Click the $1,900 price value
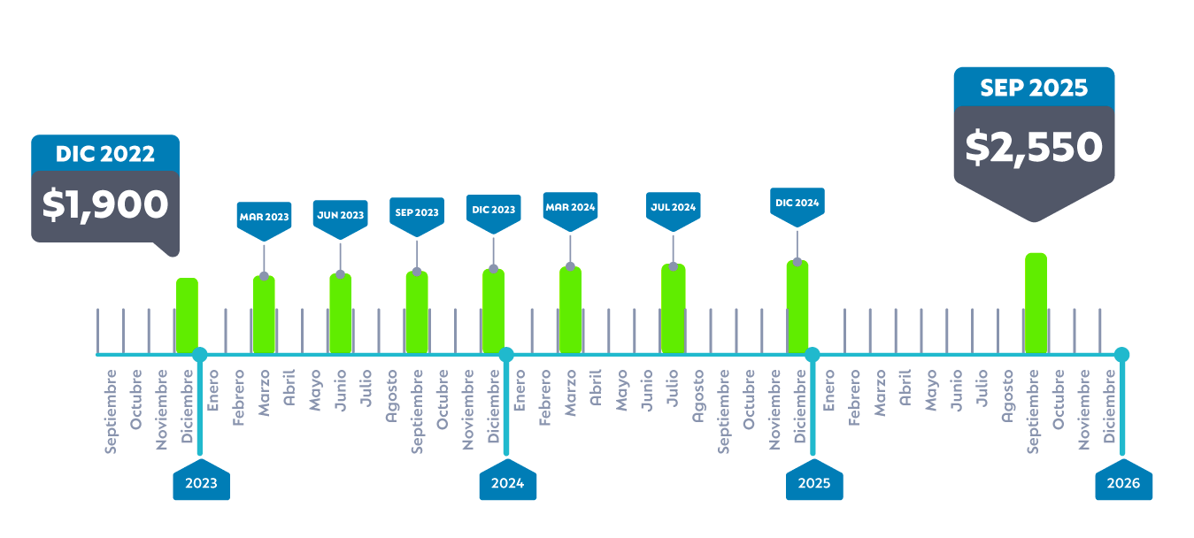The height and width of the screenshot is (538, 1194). [105, 204]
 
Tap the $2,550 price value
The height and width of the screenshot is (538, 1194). [1034, 147]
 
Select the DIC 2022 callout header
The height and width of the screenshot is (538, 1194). [105, 154]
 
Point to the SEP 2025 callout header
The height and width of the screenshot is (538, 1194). [1034, 88]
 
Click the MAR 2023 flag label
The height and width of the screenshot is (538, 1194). [264, 216]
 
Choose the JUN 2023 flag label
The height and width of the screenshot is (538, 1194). [340, 214]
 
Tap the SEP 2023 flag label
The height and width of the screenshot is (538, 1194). [417, 212]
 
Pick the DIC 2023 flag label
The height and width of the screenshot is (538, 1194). [494, 210]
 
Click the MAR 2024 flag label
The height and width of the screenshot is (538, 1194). [570, 207]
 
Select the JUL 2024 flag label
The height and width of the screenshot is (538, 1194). [673, 207]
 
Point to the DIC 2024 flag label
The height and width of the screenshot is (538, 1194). [797, 203]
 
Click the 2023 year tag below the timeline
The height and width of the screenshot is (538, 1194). [201, 483]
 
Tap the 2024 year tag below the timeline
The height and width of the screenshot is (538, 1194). [507, 483]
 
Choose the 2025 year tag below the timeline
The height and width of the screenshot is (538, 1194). [814, 483]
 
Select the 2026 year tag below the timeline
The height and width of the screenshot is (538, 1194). [1123, 483]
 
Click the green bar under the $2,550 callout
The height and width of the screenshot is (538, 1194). [1036, 304]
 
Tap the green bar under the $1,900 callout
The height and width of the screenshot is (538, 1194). [187, 316]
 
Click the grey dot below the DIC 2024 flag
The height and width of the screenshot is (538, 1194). [797, 262]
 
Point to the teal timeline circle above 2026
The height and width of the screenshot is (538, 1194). [1121, 355]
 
